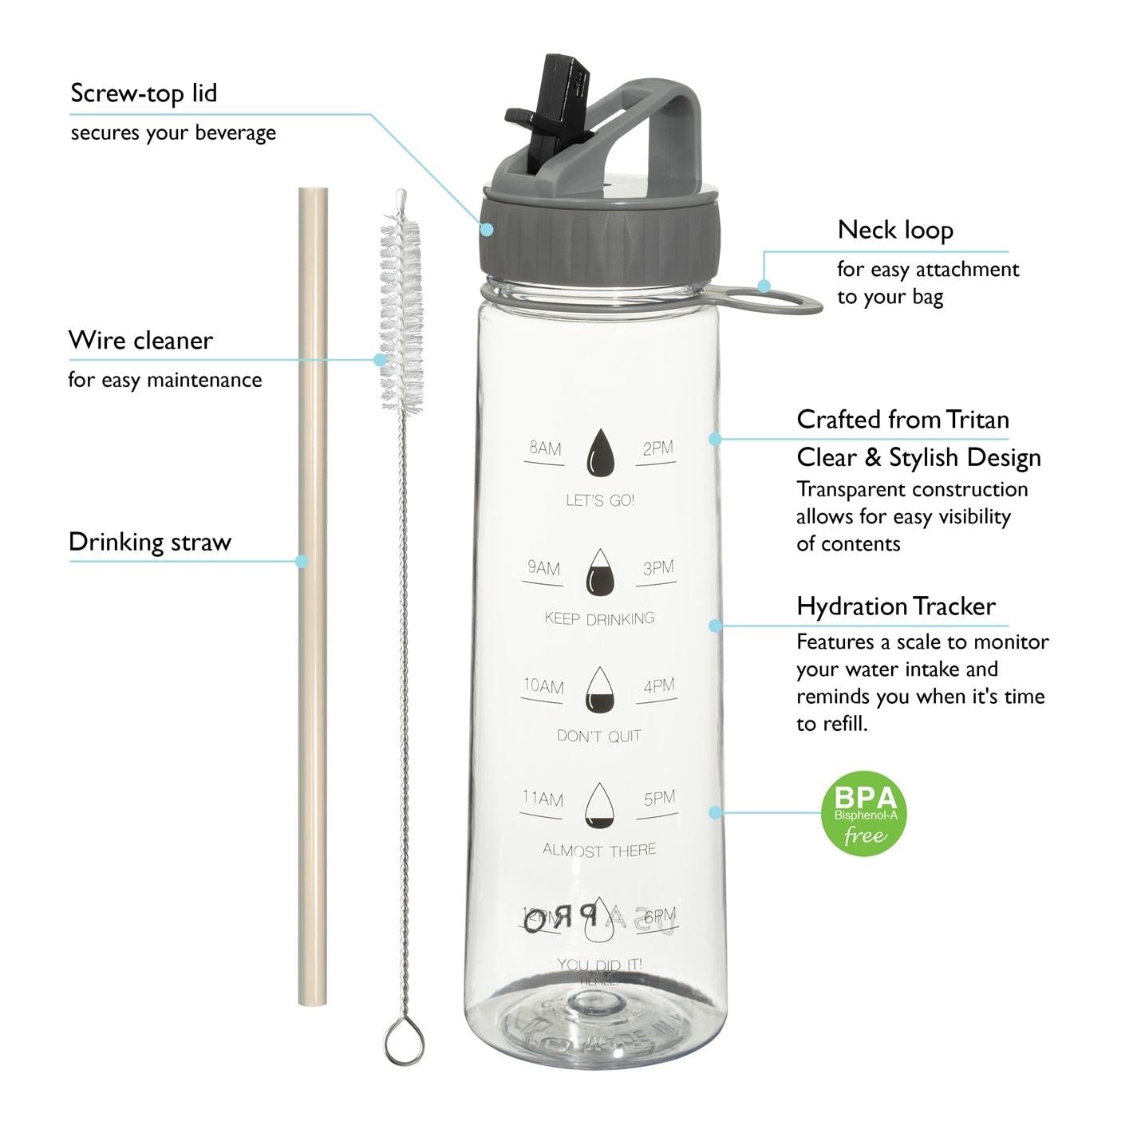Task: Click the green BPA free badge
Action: tap(864, 814)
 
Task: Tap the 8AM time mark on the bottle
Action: tap(546, 448)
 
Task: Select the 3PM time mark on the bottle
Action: tap(658, 568)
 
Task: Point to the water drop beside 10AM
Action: tap(600, 690)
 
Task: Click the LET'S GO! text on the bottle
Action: tap(600, 500)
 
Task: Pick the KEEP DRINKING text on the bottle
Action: tap(599, 618)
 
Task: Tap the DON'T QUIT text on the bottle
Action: tap(599, 736)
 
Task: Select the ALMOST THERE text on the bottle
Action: tap(599, 851)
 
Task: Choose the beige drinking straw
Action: tap(313, 598)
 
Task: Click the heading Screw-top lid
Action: tap(144, 93)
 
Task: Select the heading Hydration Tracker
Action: tap(896, 606)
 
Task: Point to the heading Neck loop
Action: tap(895, 231)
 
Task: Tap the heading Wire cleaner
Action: tap(140, 341)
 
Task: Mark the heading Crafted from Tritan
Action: tap(902, 420)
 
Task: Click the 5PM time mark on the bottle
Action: tap(659, 798)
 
